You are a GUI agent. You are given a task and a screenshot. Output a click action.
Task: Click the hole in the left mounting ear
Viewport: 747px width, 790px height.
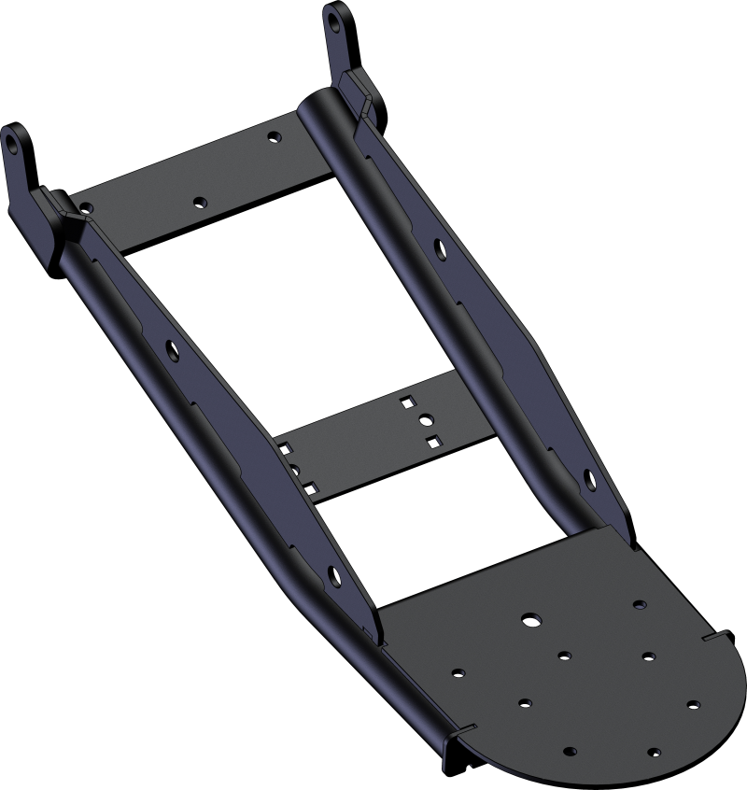(13, 146)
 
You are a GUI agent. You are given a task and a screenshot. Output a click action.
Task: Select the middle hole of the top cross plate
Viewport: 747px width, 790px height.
(199, 201)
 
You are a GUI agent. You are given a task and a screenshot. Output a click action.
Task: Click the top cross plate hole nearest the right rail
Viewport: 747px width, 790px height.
(273, 137)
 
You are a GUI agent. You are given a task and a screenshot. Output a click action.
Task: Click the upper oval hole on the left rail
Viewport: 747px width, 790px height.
(173, 349)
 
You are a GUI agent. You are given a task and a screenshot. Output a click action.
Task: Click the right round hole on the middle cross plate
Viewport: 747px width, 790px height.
(425, 419)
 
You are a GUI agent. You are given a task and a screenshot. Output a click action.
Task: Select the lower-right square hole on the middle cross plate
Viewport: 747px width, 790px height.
(430, 438)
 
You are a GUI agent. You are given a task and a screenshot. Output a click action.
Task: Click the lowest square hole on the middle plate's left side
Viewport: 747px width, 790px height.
(304, 486)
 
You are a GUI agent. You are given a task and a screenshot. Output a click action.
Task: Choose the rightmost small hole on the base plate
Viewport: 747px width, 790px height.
(693, 704)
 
